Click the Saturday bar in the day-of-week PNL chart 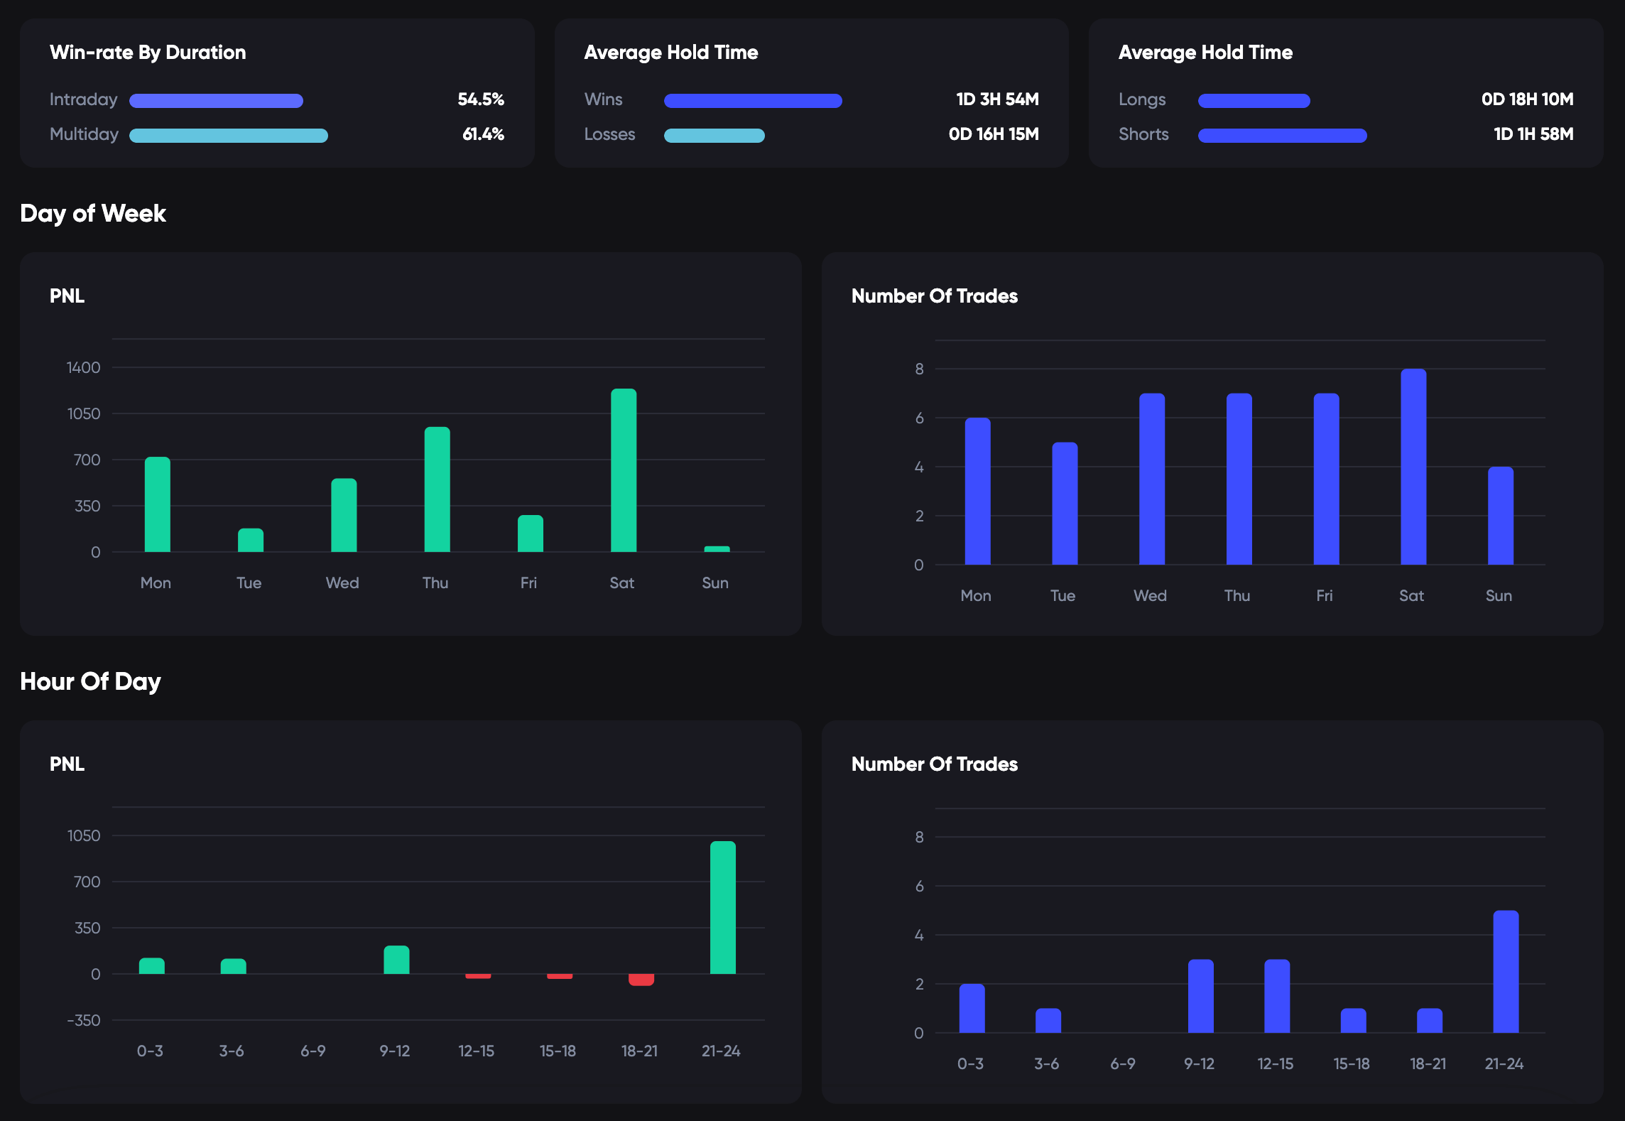click(624, 470)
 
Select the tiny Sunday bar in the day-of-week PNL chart click(717, 548)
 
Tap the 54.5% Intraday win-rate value click(481, 99)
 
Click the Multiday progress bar click(228, 135)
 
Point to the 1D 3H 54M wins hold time click(997, 99)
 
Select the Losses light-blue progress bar click(714, 135)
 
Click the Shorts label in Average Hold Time click(1143, 134)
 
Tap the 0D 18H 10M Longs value click(1527, 99)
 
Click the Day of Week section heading click(93, 213)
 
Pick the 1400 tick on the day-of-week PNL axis click(83, 367)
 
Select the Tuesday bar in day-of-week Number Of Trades click(1064, 503)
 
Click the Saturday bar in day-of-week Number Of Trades click(1413, 467)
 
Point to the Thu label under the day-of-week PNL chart click(435, 583)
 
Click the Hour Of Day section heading click(90, 681)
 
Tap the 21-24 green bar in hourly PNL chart click(722, 907)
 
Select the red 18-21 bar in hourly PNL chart click(641, 980)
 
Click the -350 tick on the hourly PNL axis click(83, 1020)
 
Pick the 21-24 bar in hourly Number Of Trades click(1505, 971)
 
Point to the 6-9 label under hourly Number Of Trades click(1122, 1063)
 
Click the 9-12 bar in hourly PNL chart click(396, 960)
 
